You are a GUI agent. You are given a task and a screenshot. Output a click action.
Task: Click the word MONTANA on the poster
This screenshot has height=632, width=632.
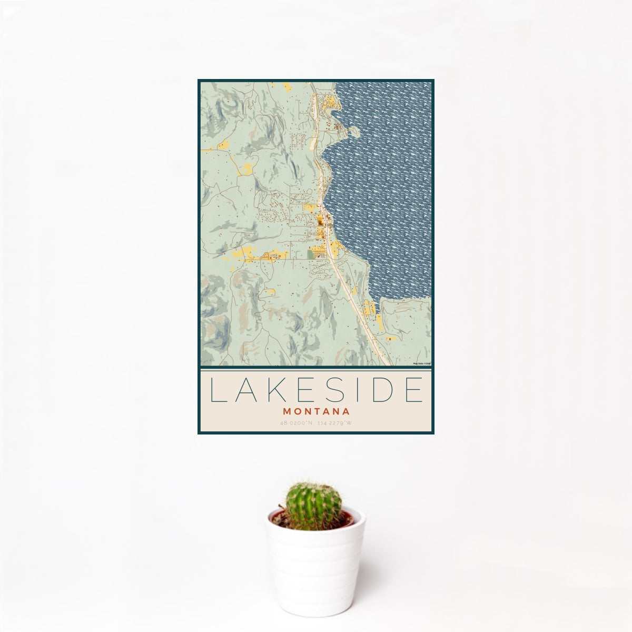click(316, 410)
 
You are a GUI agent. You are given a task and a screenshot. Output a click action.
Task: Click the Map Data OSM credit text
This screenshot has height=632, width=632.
click(422, 363)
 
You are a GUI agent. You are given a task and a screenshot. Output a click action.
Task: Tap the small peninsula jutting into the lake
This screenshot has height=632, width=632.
click(337, 110)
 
